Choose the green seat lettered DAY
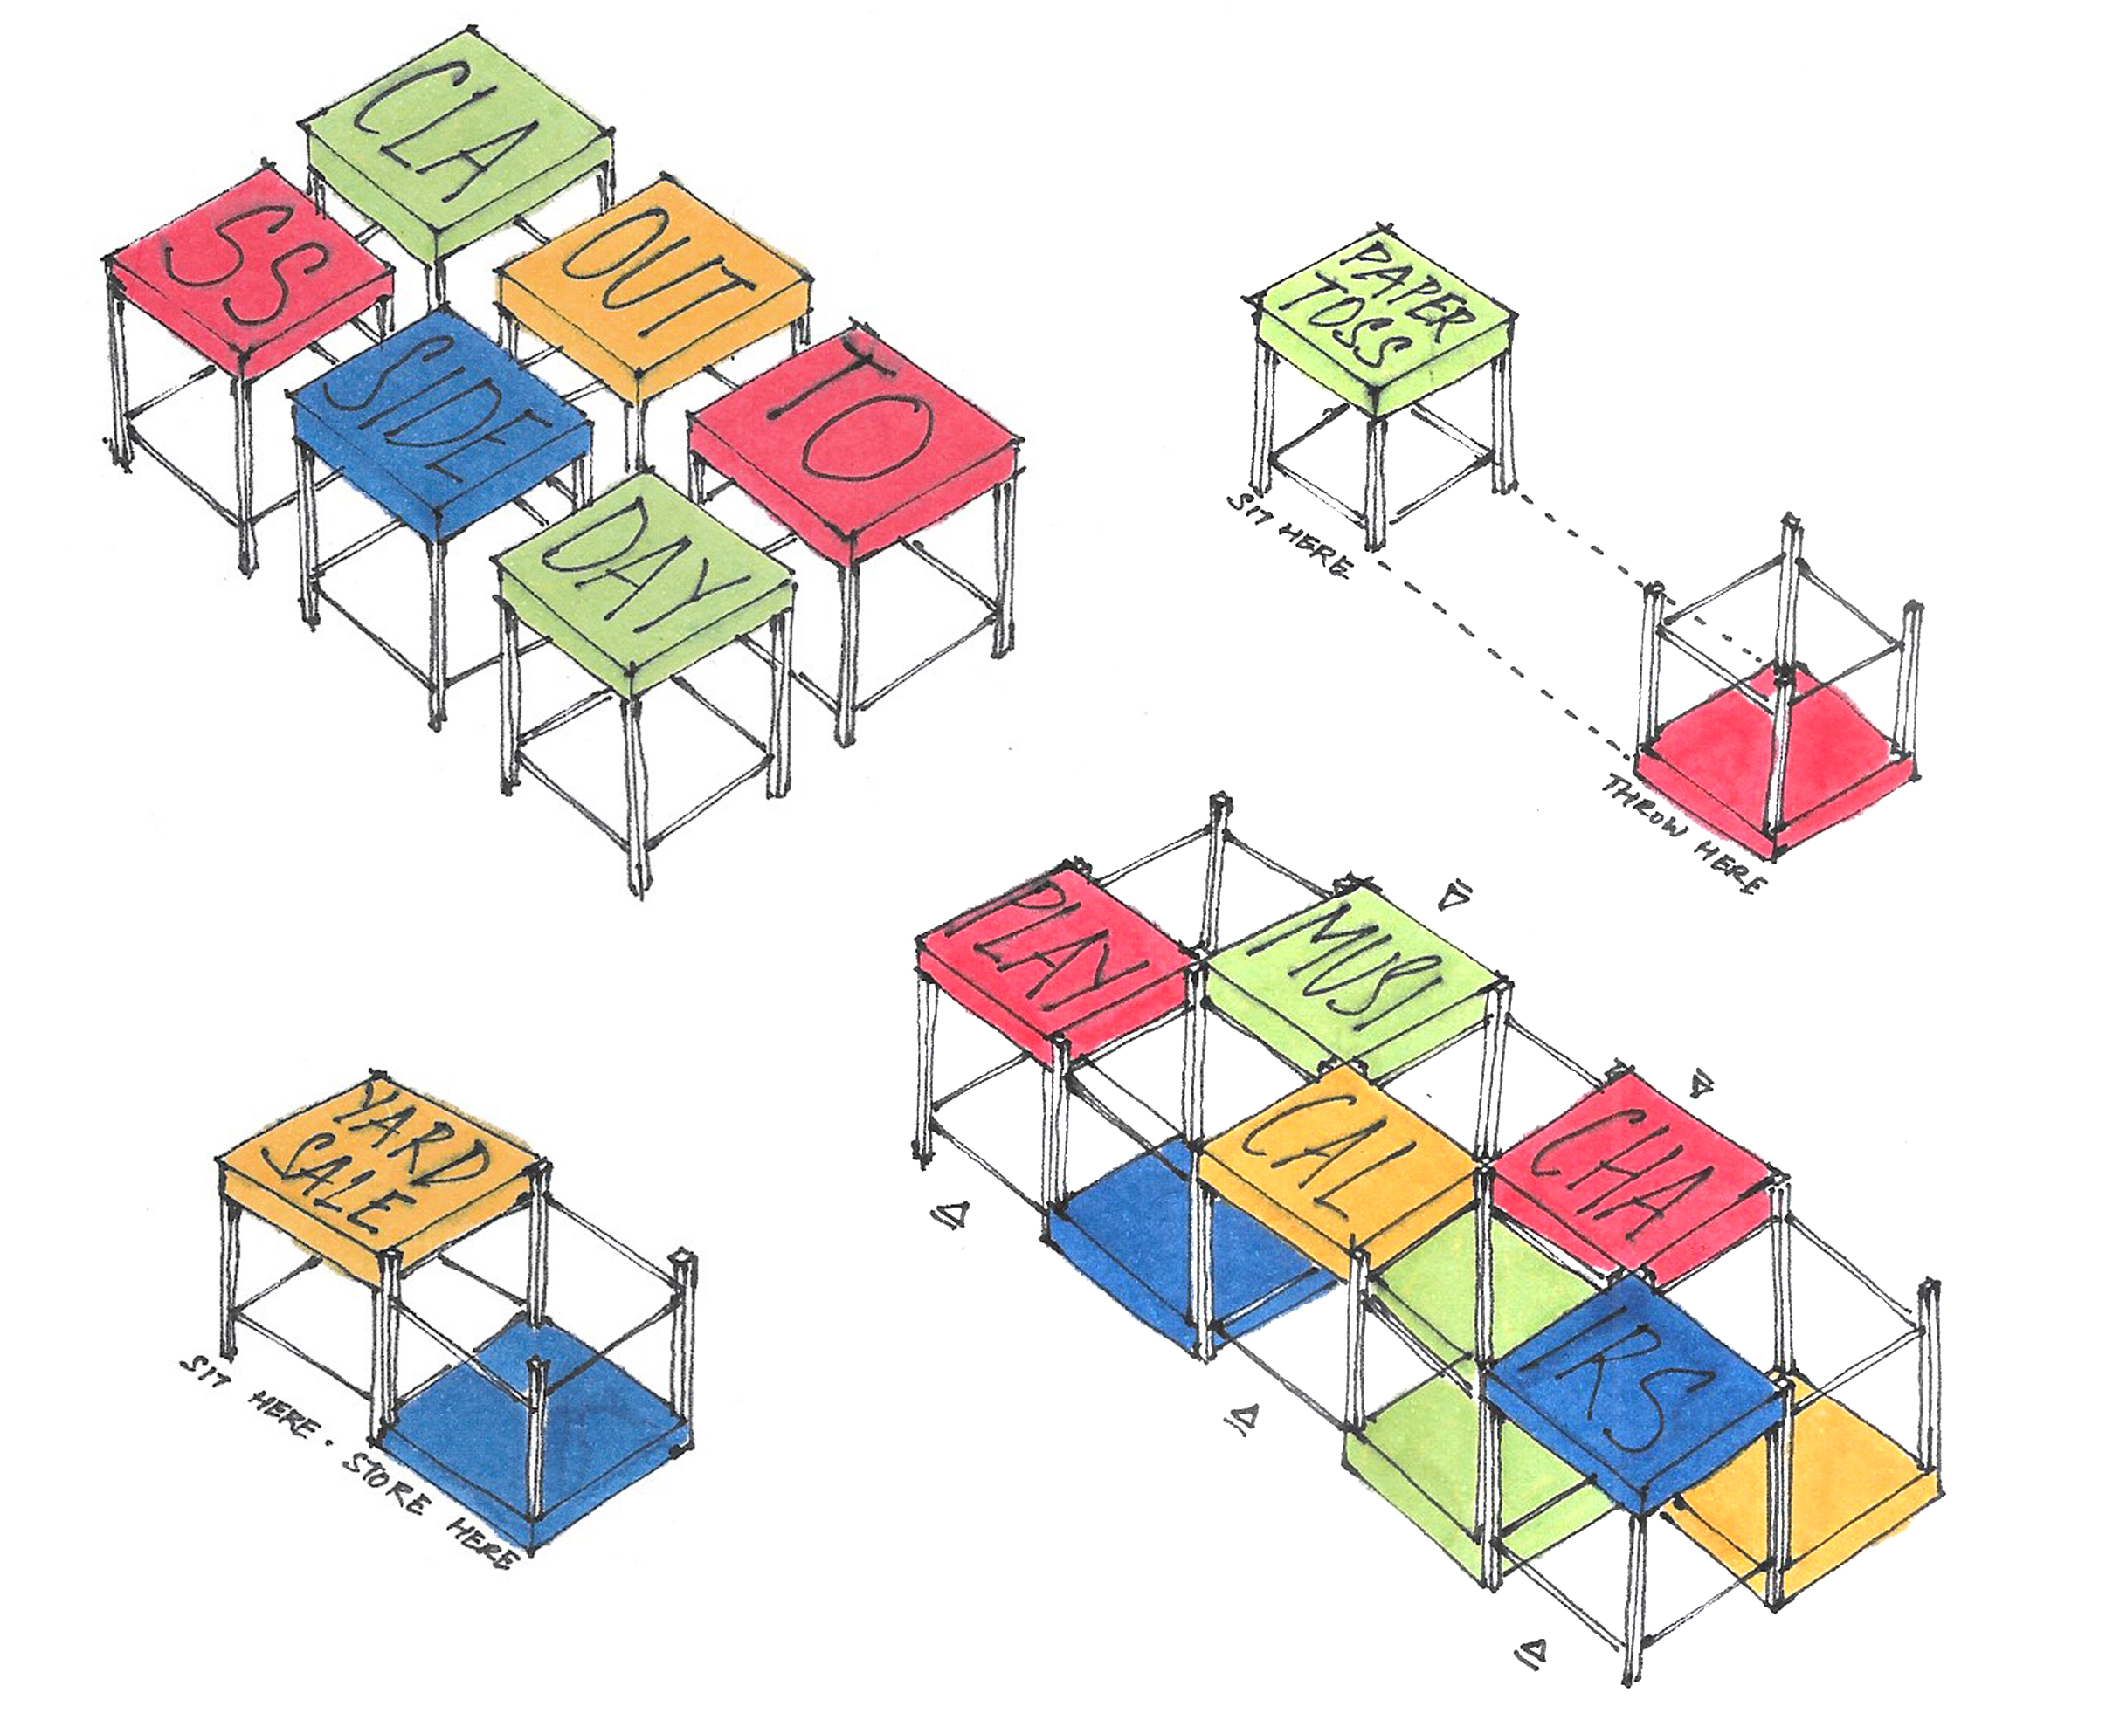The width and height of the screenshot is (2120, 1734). coord(645,580)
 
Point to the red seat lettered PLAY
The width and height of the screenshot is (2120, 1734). coord(1054,959)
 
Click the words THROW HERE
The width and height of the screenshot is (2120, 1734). coord(1683,834)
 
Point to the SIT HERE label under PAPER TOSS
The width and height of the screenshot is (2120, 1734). coord(1288,534)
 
